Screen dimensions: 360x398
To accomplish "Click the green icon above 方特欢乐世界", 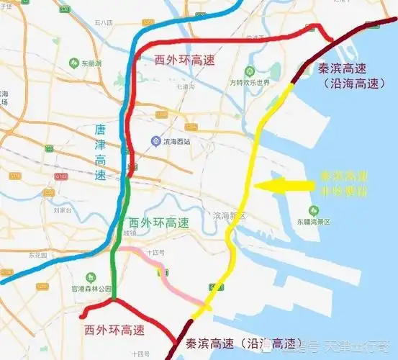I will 249,71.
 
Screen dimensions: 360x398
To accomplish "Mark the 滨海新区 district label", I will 230,216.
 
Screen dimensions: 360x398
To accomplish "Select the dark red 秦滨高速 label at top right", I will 343,69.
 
